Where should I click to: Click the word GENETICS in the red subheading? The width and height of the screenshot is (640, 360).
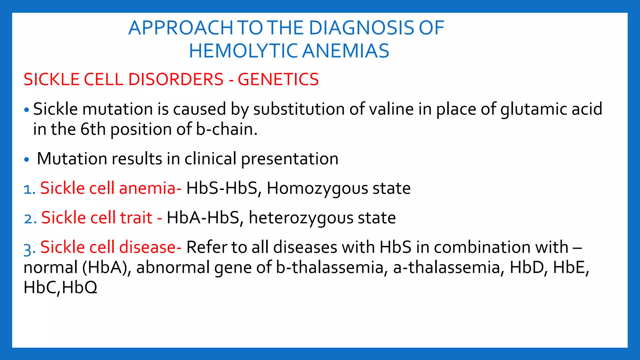click(278, 79)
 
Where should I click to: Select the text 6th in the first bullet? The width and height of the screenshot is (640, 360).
click(93, 129)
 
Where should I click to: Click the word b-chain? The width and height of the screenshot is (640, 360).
click(227, 129)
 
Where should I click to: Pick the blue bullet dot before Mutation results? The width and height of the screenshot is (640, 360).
click(27, 160)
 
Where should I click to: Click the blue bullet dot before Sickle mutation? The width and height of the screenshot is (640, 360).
click(27, 110)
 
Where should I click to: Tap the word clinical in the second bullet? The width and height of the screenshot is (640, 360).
click(210, 159)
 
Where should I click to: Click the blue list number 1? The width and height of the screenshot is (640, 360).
click(29, 189)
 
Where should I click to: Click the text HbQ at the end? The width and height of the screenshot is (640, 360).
click(80, 287)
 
